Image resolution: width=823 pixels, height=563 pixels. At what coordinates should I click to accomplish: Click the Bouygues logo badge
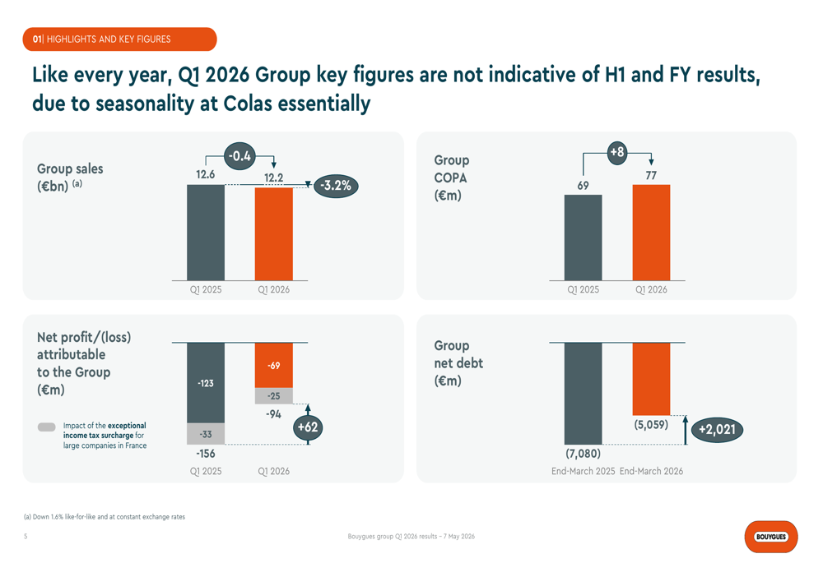(770, 536)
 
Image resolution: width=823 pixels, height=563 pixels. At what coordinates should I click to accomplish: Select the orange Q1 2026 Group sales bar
(273, 233)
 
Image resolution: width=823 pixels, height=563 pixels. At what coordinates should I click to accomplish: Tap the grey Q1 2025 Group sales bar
(206, 233)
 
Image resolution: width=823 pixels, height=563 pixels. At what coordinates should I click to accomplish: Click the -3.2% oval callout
(336, 186)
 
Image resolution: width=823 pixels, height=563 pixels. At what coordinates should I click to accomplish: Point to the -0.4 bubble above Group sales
(239, 155)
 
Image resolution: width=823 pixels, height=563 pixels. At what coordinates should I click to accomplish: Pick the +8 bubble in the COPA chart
(617, 153)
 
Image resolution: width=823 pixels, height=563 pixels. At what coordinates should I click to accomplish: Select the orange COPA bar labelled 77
(651, 233)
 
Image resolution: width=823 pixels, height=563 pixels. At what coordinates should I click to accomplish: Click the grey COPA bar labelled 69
(584, 238)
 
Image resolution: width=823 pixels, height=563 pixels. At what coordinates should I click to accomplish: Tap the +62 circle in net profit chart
(308, 427)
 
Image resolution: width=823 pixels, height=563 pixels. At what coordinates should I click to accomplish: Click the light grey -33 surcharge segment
(206, 433)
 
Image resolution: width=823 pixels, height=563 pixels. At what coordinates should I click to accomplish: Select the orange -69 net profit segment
(273, 366)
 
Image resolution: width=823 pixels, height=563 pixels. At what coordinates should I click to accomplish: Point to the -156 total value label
(206, 454)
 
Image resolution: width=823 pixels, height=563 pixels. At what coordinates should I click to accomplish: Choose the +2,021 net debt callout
(717, 430)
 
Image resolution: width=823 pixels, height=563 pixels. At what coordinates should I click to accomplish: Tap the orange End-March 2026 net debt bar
(651, 379)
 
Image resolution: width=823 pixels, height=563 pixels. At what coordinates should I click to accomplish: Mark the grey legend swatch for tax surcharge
(47, 427)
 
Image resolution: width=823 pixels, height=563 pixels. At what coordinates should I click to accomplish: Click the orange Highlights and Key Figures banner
(119, 39)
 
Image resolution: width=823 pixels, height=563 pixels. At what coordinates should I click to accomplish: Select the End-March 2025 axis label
(584, 471)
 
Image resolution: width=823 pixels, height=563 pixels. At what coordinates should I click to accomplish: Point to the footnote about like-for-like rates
(105, 517)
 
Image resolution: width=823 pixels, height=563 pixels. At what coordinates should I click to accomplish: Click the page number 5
(26, 536)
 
